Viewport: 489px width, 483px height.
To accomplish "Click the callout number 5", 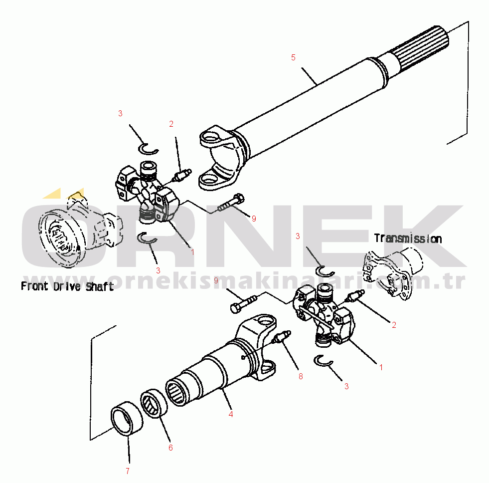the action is click(293, 57).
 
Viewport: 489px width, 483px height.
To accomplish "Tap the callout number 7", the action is click(128, 471).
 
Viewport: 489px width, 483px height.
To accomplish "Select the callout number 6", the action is click(170, 448).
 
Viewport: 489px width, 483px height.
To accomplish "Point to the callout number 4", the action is click(231, 414).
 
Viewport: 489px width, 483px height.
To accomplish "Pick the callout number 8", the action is click(301, 376).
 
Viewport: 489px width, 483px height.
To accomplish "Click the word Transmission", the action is click(408, 239).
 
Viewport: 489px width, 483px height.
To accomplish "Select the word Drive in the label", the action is click(67, 286).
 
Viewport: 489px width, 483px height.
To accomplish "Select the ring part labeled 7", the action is click(127, 418).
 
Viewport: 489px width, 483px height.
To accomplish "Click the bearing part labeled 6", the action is click(154, 403).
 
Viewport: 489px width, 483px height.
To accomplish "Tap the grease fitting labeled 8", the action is click(281, 337).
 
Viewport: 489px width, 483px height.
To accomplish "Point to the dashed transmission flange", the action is click(392, 272).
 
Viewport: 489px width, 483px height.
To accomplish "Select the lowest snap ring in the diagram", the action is click(323, 361).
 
